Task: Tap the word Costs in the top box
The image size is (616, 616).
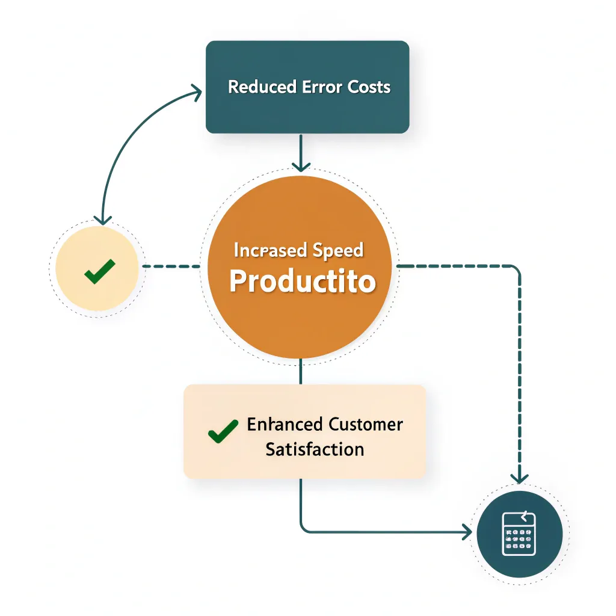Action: coord(369,87)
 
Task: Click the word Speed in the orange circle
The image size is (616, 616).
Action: coord(339,250)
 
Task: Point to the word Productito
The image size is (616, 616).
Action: coord(303,282)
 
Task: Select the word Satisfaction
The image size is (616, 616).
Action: coord(315,449)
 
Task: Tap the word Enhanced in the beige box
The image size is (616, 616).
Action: coord(285,424)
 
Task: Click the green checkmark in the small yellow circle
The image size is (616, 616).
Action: coord(99,271)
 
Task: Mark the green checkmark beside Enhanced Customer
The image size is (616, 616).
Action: coord(222,431)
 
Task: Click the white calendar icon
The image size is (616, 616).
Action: coord(519,534)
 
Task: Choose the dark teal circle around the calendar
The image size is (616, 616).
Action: coord(541,553)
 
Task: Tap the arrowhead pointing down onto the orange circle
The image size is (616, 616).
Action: coord(301,165)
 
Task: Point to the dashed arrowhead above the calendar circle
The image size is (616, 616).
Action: coord(519,477)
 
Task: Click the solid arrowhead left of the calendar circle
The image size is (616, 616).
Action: coord(466,532)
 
